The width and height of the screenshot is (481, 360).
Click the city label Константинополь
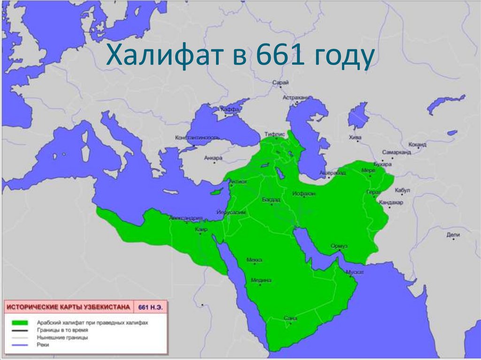click(x=197, y=138)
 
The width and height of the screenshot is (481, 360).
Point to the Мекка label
click(x=254, y=260)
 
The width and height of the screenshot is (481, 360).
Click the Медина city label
click(x=261, y=280)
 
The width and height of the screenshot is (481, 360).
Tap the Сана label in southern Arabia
click(x=291, y=319)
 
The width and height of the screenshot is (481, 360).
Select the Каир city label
click(x=201, y=230)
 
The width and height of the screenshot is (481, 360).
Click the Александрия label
click(x=186, y=218)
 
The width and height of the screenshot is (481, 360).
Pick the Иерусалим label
click(x=231, y=213)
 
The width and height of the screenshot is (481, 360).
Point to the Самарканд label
click(x=396, y=153)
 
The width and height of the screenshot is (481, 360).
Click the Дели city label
click(x=453, y=234)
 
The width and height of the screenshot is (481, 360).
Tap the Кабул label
click(x=403, y=190)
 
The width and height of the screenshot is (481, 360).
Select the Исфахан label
click(x=303, y=193)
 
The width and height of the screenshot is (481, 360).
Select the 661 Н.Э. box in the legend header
click(x=151, y=307)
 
